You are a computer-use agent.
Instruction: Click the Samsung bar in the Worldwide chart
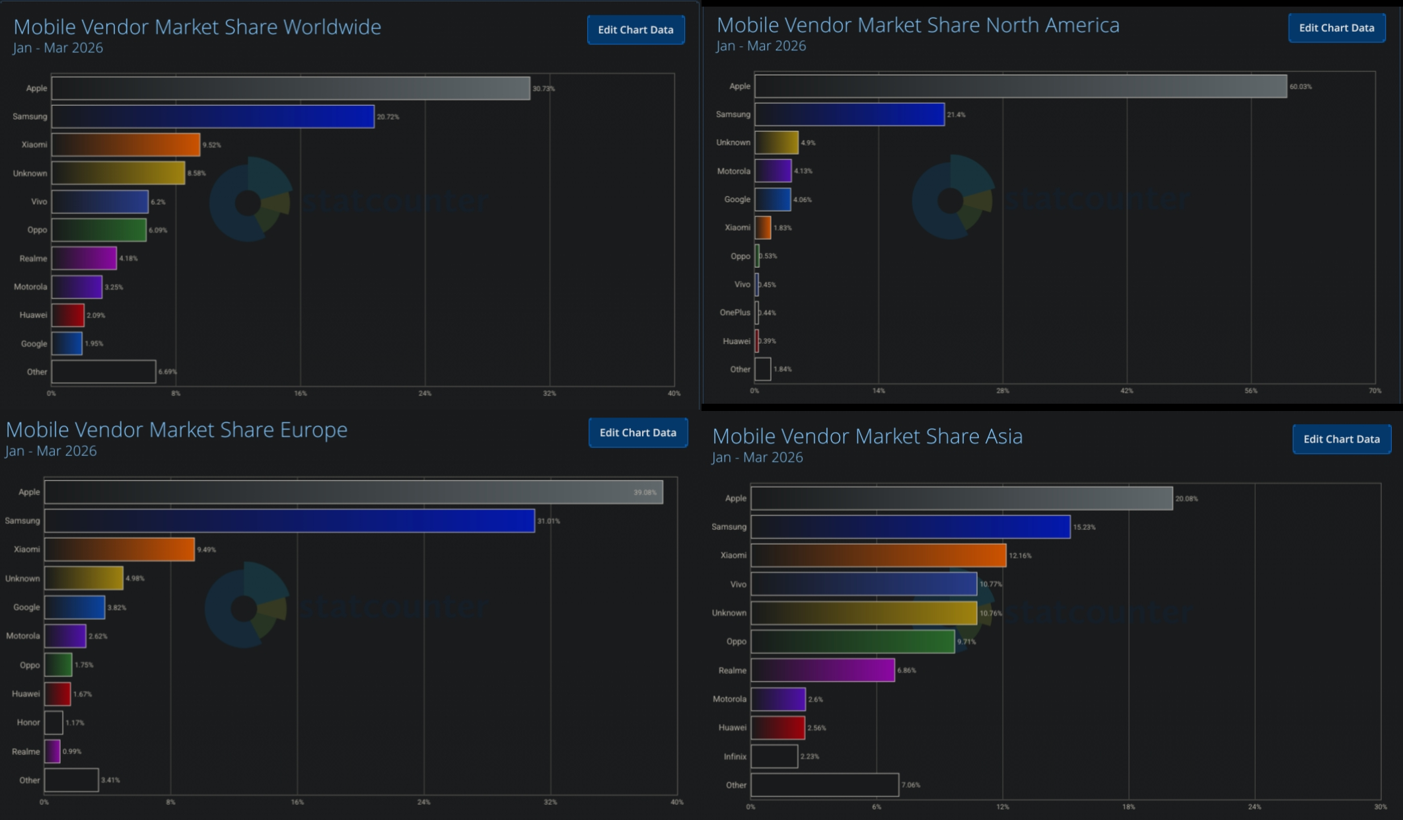[213, 116]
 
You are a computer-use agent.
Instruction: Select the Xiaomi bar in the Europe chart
[119, 549]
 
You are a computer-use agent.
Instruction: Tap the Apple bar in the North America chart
[1021, 87]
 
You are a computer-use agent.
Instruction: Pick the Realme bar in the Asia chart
[822, 670]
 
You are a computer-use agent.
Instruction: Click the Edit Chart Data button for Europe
[637, 433]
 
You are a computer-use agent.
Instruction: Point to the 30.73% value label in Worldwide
[544, 89]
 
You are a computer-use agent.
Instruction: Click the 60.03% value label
[1301, 87]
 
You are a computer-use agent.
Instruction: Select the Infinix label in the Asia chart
[735, 757]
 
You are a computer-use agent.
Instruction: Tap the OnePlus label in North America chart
[735, 313]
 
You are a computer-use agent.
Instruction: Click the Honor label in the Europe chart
[28, 723]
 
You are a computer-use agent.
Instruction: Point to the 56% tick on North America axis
[1250, 391]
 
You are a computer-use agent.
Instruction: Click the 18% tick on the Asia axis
[1128, 807]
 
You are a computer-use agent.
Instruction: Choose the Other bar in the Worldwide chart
[104, 371]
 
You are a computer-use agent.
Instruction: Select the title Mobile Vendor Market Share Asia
[867, 436]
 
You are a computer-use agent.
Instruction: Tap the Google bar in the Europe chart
[75, 607]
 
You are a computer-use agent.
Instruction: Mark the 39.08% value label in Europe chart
[645, 492]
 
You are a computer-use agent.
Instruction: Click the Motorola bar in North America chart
[773, 170]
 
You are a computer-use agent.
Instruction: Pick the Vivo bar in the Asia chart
[863, 584]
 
